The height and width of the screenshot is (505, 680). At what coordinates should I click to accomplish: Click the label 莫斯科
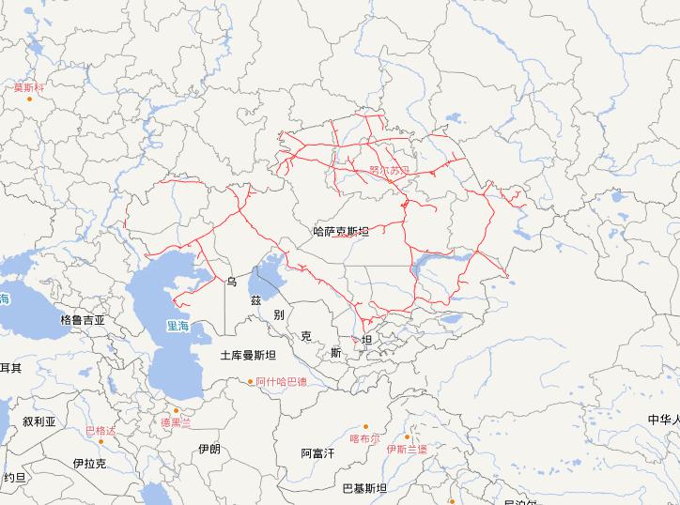click(27, 88)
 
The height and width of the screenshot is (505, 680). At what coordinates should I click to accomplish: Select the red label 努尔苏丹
click(390, 171)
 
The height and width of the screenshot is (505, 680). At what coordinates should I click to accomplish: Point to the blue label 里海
click(178, 327)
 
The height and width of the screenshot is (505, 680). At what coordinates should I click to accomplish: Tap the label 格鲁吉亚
click(83, 319)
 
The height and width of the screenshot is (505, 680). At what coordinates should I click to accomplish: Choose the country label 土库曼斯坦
click(248, 356)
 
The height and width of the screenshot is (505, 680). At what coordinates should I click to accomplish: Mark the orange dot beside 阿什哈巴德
click(250, 382)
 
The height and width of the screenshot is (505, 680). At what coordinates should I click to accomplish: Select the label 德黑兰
click(175, 422)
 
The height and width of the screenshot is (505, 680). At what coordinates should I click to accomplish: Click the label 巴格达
click(100, 431)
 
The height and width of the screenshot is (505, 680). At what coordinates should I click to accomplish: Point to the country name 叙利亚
click(40, 422)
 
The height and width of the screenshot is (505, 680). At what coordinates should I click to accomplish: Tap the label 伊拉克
click(89, 464)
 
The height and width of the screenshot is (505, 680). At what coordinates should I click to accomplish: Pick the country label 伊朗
click(209, 450)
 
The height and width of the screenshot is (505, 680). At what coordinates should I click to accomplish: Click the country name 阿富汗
click(318, 453)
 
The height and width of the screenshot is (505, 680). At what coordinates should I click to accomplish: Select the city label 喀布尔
click(364, 437)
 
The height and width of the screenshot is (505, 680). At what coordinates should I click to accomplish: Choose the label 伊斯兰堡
click(406, 449)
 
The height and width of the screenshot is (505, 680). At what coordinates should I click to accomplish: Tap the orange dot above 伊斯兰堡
click(407, 436)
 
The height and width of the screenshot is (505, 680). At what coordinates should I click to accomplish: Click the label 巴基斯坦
click(364, 488)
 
